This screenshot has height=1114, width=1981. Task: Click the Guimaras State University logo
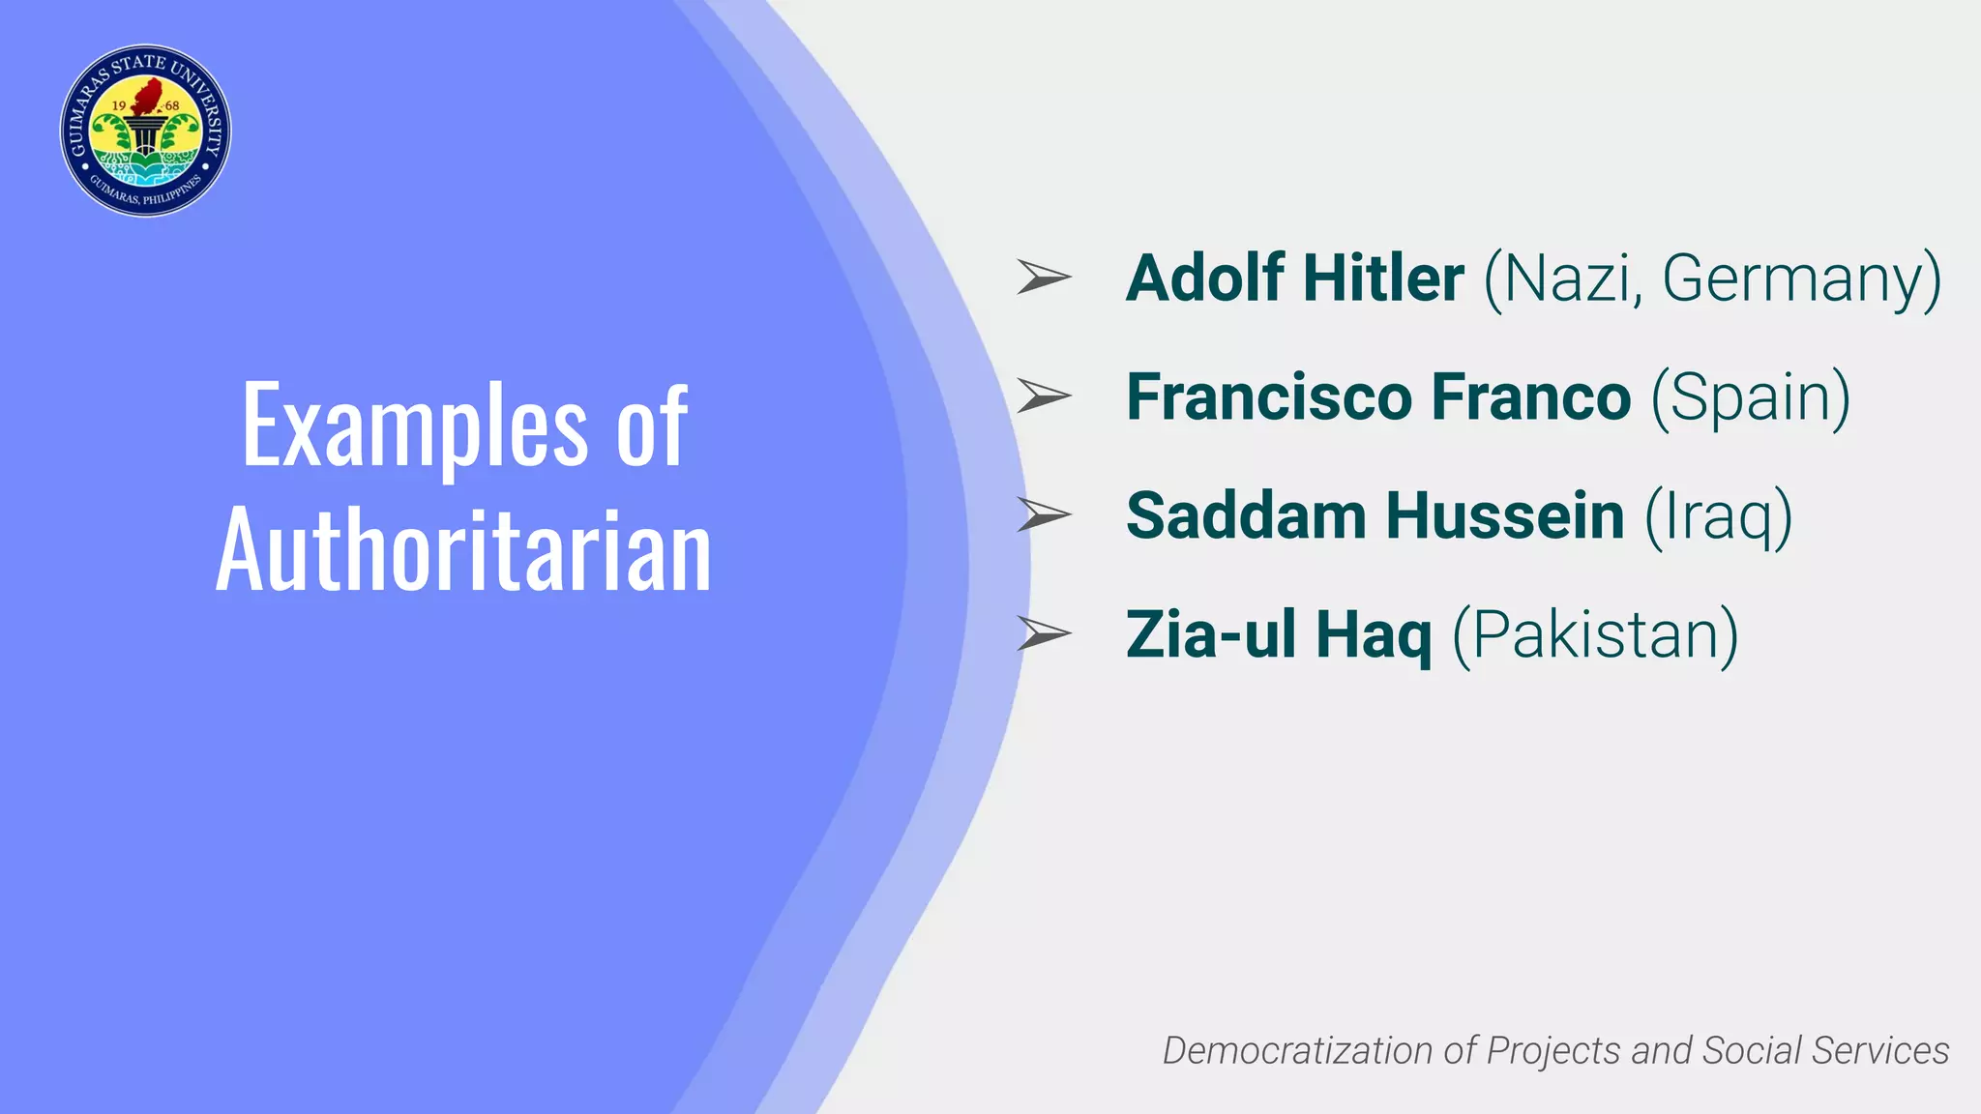point(145,131)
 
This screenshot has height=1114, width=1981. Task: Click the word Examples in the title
point(414,425)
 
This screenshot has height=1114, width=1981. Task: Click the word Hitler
point(1383,278)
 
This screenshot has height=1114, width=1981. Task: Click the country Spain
point(1751,399)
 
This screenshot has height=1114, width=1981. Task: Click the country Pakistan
point(1596,636)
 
